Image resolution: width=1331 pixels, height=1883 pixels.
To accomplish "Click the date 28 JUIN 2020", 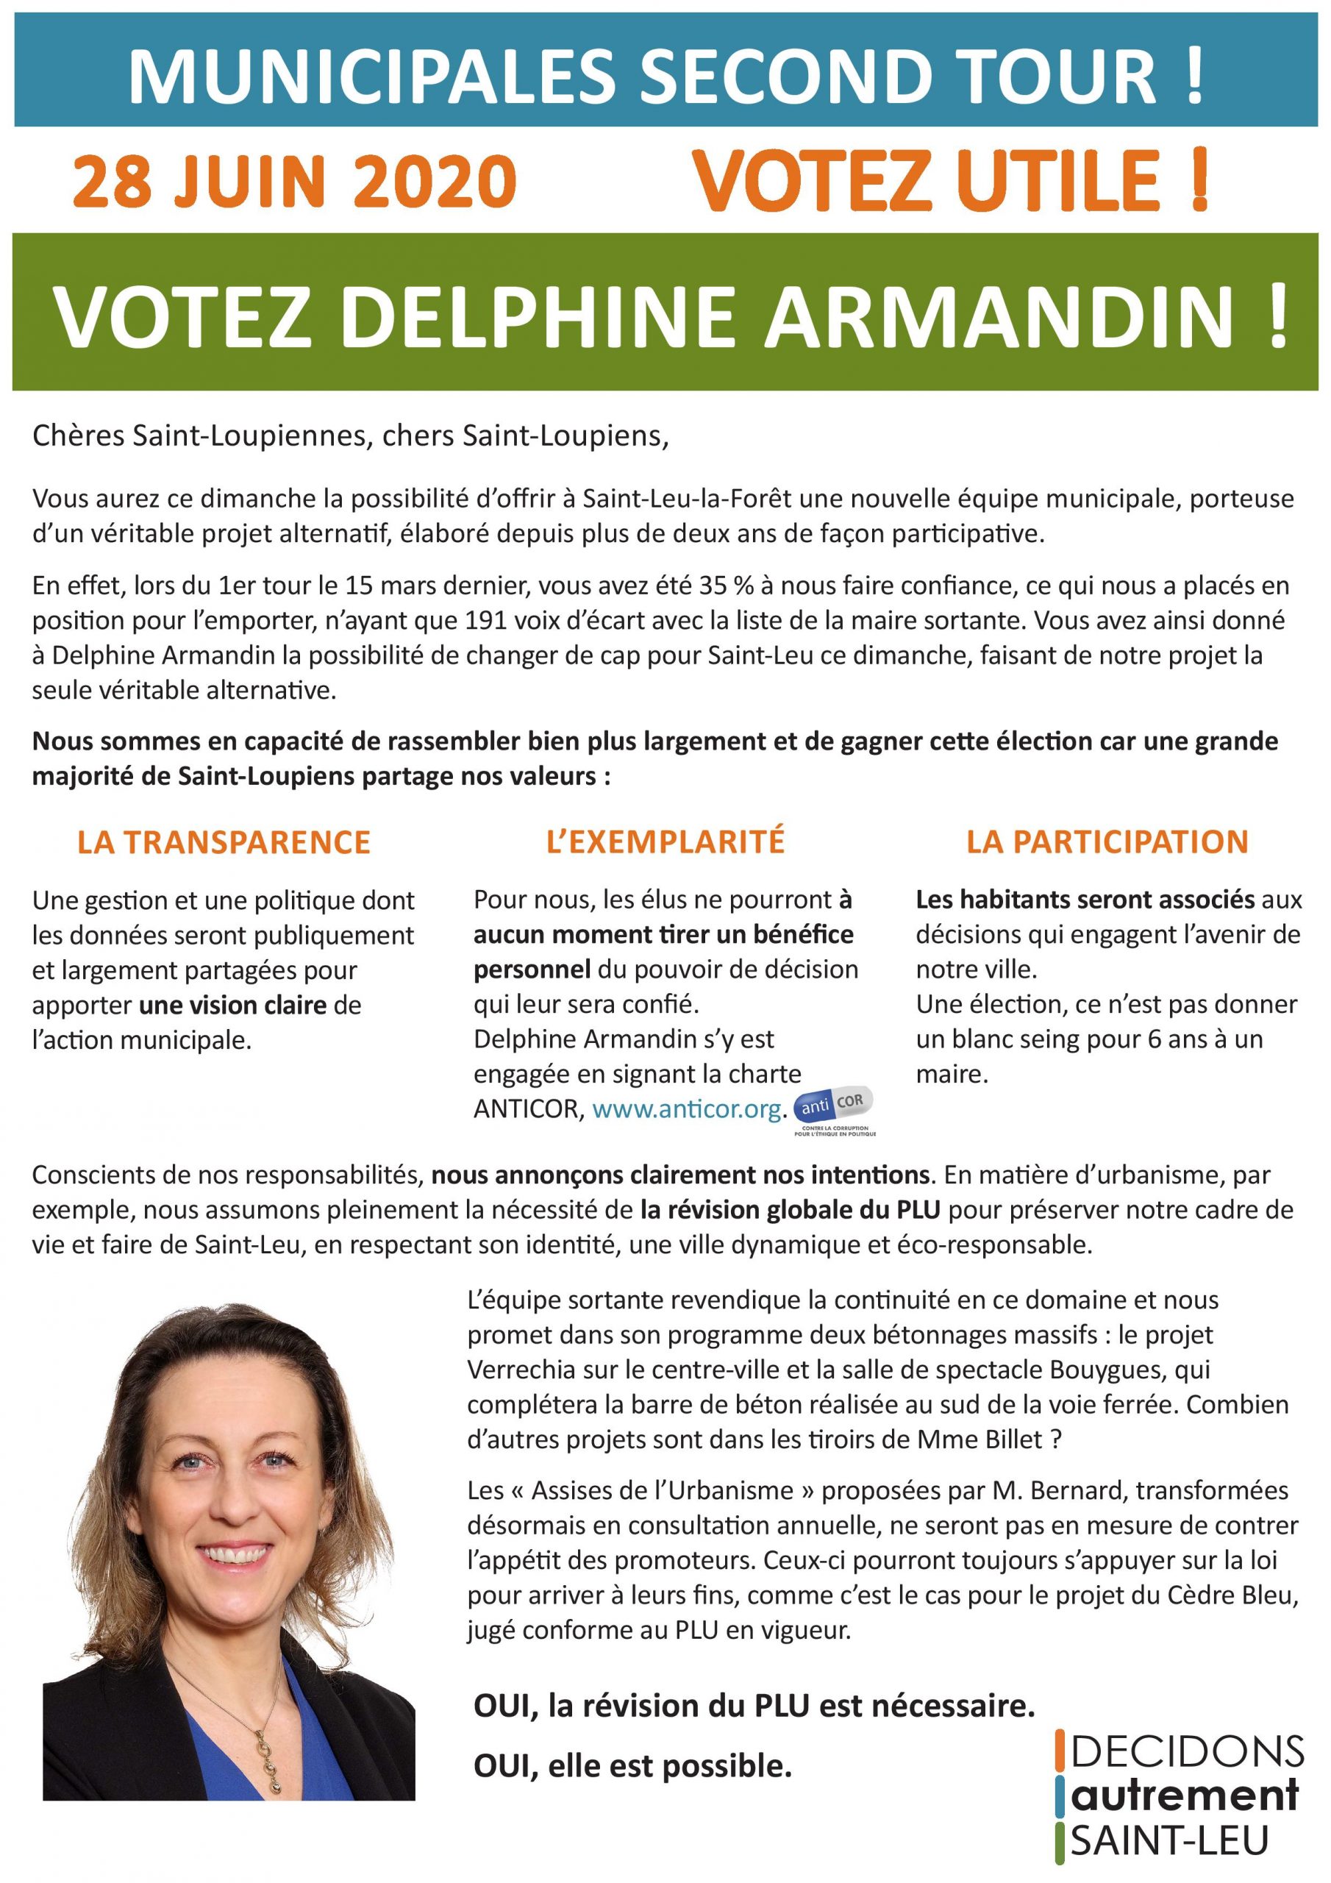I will pos(294,182).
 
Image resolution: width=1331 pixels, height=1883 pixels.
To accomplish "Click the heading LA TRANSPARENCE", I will pos(224,842).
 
